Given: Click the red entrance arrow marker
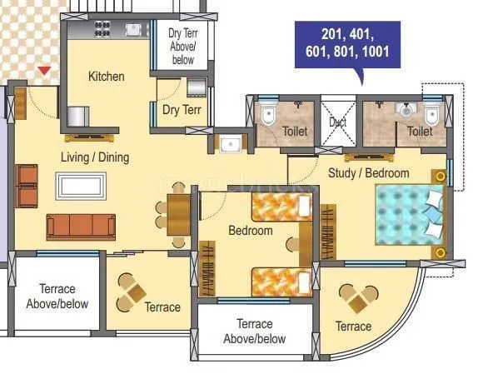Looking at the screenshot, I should pos(45,72).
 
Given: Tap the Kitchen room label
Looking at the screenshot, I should pos(107,77).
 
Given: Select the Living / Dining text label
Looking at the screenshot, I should pos(94,157).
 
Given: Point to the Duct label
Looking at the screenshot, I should pos(338,122).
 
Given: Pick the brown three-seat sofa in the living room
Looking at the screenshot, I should pos(81,227).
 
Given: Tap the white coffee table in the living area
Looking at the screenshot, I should pos(82,184).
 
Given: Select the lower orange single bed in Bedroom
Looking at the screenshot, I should pos(281,282).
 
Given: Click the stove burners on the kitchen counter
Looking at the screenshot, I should pos(102,31).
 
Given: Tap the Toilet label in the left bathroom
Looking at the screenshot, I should pos(295,132).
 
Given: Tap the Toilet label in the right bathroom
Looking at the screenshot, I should pos(420,132).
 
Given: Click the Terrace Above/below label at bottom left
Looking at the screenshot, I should pos(57,297).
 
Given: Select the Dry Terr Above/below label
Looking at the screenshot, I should pos(182,47).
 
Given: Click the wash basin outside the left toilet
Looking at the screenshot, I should pos(228,143).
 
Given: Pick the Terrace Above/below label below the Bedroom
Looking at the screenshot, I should pos(254,332).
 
